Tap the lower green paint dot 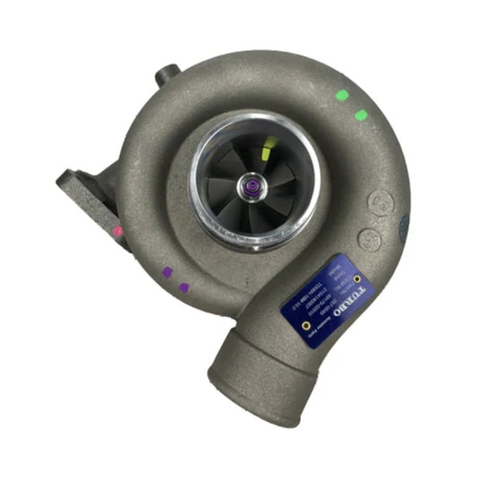pos(361,115)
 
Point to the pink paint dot pos(117,231)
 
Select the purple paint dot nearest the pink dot pos(166,272)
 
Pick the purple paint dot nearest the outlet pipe pos(184,287)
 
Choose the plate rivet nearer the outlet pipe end pos(305,327)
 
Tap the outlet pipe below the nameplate pos(260,358)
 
